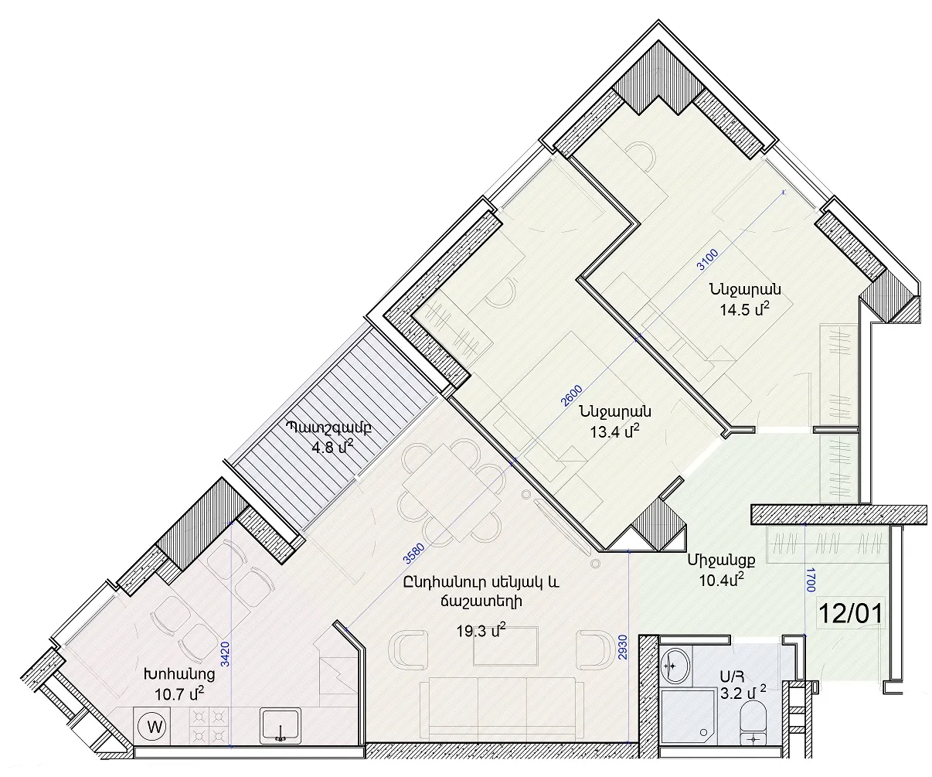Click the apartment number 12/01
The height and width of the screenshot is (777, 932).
(x=850, y=614)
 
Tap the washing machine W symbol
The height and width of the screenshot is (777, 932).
(x=155, y=728)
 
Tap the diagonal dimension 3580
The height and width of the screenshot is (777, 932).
(x=413, y=554)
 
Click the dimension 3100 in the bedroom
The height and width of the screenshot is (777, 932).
(x=708, y=260)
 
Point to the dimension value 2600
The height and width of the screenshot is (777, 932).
(x=572, y=395)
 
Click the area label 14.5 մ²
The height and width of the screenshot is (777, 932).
(x=744, y=308)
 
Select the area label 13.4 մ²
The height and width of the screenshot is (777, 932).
(x=615, y=431)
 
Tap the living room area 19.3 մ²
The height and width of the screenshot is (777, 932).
(x=481, y=630)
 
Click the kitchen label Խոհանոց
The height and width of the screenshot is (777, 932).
(x=179, y=674)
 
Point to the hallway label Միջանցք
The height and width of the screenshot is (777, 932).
(x=721, y=561)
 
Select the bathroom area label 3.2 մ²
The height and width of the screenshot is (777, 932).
(x=743, y=693)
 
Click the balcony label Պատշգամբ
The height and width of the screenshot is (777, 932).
(x=329, y=428)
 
